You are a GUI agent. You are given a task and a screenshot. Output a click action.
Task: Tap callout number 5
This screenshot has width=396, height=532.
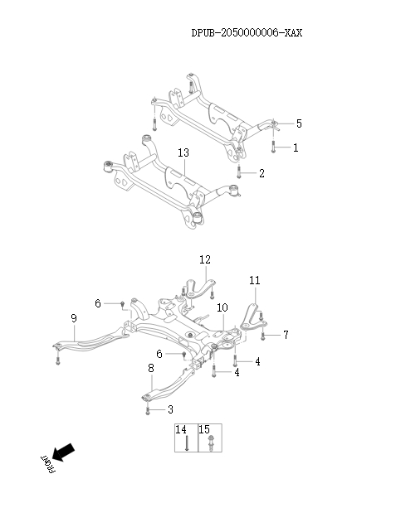point(298,123)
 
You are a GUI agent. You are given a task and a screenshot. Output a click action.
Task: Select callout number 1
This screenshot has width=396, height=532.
point(294,148)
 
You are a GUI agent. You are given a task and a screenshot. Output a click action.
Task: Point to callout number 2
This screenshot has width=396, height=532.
point(262,173)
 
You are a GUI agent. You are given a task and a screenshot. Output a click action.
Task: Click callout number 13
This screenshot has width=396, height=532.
point(183,152)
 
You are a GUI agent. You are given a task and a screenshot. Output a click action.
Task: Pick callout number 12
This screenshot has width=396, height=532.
point(204,260)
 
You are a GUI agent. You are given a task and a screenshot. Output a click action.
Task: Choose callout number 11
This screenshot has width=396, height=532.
point(255,281)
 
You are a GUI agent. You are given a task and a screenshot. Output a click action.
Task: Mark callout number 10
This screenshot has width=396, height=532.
point(222,308)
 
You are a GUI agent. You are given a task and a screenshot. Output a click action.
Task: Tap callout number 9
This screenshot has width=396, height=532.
point(74,318)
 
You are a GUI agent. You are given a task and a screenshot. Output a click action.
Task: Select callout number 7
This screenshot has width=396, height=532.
point(285,335)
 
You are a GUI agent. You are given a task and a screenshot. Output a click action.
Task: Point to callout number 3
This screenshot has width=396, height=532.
point(170,409)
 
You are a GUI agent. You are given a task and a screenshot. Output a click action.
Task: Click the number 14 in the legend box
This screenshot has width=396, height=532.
point(180,430)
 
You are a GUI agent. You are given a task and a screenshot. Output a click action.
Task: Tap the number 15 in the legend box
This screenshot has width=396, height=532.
point(203,430)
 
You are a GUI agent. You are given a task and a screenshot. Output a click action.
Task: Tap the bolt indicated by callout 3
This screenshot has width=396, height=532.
point(148,410)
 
